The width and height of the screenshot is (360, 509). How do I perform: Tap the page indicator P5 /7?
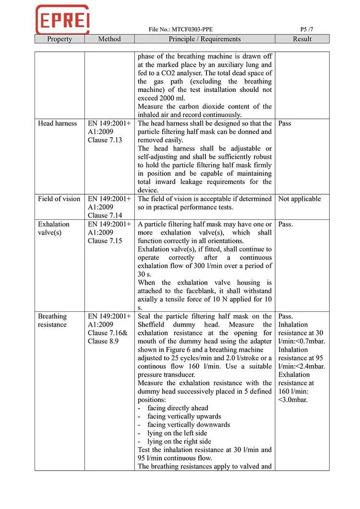(x=303, y=30)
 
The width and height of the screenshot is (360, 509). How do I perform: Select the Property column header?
(x=60, y=39)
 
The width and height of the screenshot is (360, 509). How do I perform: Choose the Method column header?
(x=109, y=39)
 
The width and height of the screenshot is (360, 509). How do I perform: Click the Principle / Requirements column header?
(x=204, y=39)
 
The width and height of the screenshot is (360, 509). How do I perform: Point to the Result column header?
(x=302, y=39)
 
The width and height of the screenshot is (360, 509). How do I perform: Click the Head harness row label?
(x=57, y=123)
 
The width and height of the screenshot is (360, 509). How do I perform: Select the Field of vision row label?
(x=59, y=199)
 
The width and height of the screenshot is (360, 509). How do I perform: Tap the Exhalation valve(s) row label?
(x=54, y=228)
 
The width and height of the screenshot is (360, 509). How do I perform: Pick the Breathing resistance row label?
(x=52, y=320)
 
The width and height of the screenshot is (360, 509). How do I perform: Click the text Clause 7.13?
(x=105, y=140)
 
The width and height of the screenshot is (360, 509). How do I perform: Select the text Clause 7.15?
(x=105, y=241)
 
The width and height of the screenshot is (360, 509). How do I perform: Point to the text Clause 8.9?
(x=104, y=342)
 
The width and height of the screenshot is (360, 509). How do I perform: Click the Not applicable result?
(x=300, y=199)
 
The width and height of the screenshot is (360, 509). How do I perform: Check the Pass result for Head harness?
(x=285, y=123)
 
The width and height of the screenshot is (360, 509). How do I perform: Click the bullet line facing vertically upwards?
(x=184, y=416)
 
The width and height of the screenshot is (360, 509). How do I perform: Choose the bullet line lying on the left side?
(x=179, y=433)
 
